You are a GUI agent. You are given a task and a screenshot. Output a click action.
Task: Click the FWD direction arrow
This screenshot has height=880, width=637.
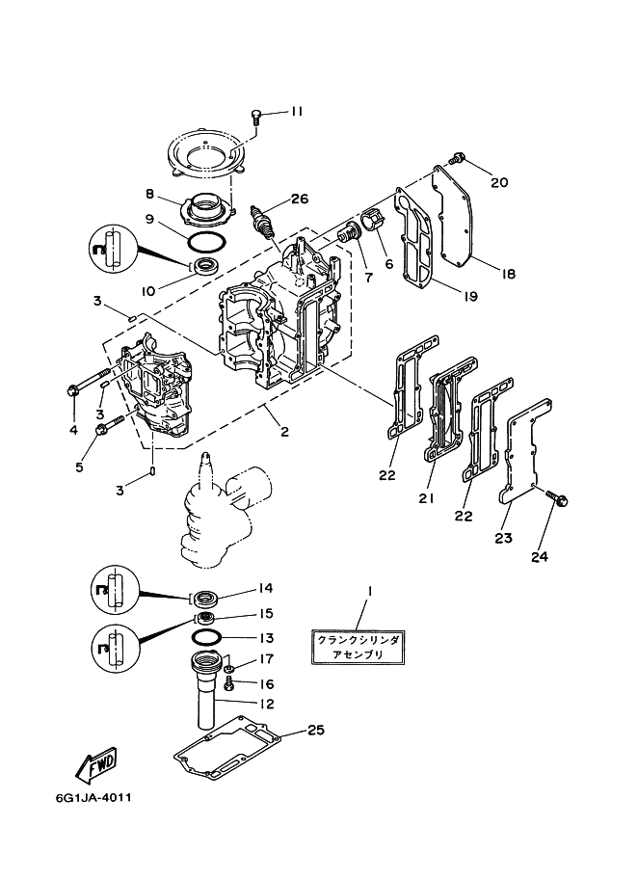tap(96, 766)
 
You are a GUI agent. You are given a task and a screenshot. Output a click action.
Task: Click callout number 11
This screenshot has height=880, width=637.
tap(296, 112)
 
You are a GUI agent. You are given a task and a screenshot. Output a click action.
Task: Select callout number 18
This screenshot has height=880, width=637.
tap(508, 274)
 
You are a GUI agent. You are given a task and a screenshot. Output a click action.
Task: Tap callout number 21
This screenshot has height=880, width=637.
tap(426, 499)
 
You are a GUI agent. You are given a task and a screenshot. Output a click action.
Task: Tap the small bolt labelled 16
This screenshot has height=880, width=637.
tap(228, 683)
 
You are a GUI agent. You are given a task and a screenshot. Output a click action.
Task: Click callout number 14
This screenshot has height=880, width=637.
tap(264, 589)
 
